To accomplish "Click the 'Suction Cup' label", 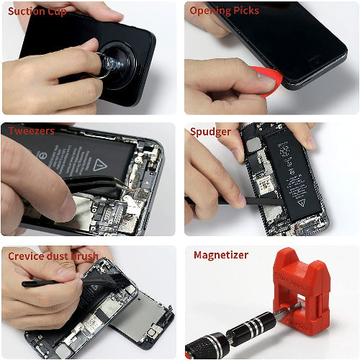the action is (x=37, y=12).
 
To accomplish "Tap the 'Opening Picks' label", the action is (x=224, y=11).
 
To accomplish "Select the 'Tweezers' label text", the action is (x=31, y=131).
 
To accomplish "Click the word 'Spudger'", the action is (x=210, y=132).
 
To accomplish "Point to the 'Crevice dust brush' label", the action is (x=53, y=256).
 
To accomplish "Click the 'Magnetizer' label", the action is (x=221, y=255).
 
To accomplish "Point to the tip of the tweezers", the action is (x=130, y=190).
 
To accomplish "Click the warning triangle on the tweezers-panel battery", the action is (x=100, y=165).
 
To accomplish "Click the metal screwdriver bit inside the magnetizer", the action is (x=288, y=310).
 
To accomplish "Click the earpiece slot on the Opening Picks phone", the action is (x=315, y=58).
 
